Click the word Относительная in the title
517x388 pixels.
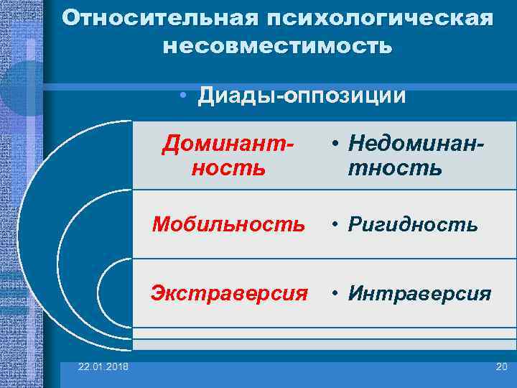click(x=152, y=18)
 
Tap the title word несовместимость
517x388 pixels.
click(x=278, y=47)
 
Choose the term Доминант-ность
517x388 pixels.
click(x=228, y=155)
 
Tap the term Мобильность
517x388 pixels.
click(x=228, y=224)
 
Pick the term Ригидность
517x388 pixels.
click(x=413, y=224)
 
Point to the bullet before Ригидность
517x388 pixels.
click(x=336, y=225)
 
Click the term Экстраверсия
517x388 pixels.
click(x=229, y=293)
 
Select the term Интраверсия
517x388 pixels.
click(x=419, y=293)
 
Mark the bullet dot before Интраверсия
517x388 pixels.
click(x=336, y=294)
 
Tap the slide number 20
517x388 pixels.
click(x=500, y=368)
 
